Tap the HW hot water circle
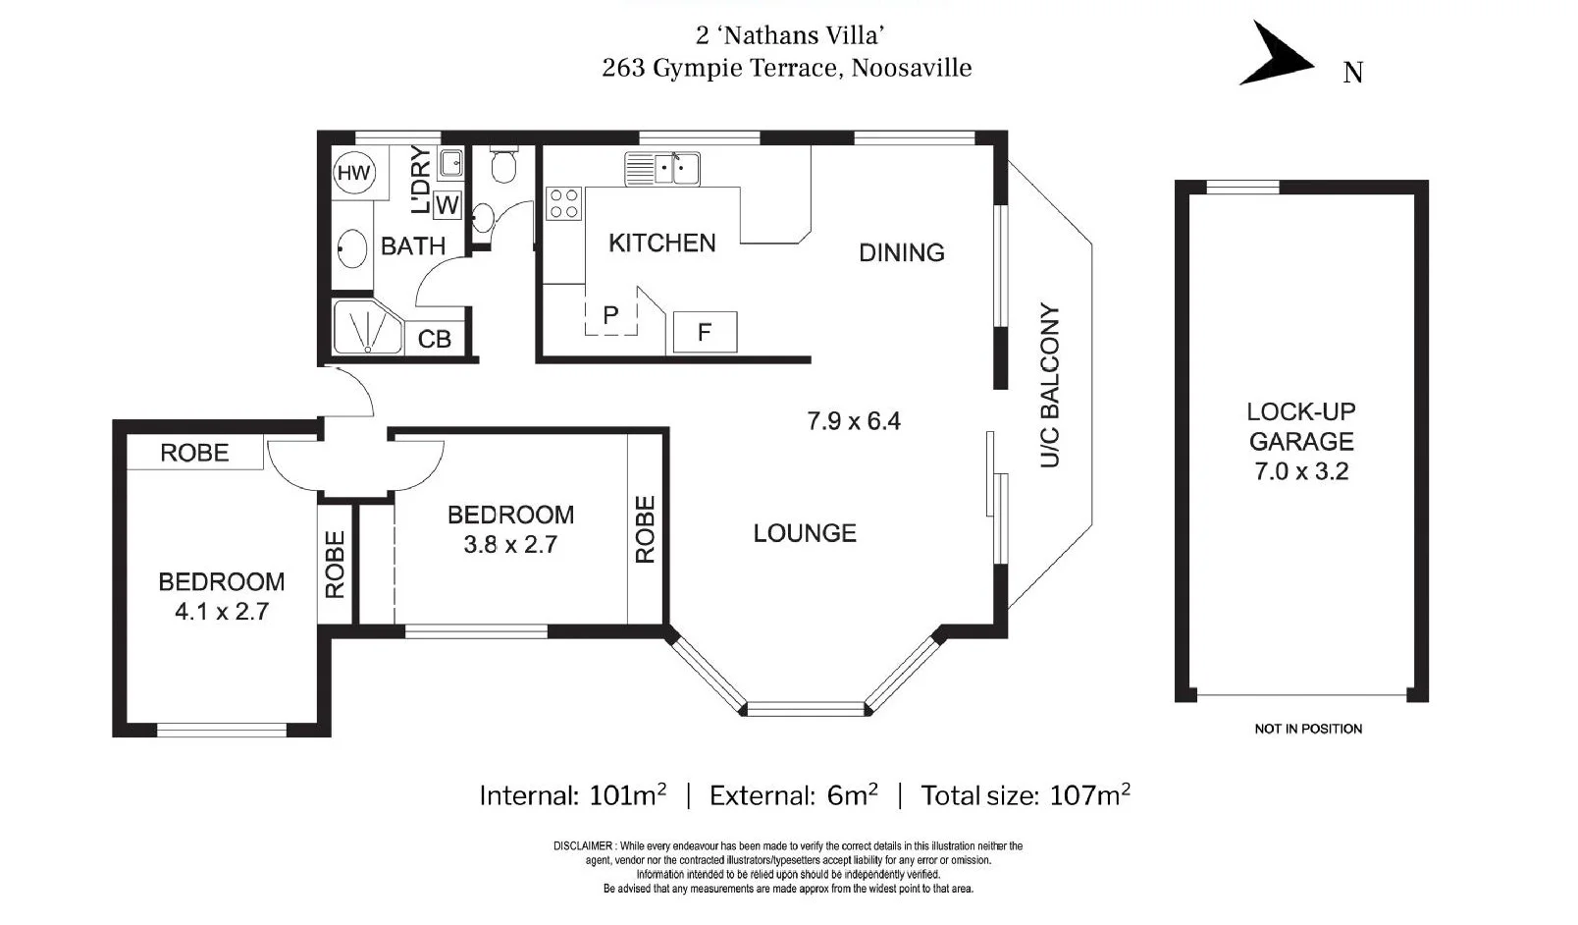(353, 174)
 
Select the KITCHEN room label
(661, 243)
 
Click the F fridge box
(705, 333)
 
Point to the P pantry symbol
(610, 315)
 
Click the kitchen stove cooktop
(563, 203)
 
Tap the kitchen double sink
(663, 168)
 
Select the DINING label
(901, 252)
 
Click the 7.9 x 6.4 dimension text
(853, 421)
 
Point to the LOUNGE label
(805, 533)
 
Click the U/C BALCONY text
(1049, 385)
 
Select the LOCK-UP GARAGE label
(1300, 426)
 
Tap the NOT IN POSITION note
(1307, 729)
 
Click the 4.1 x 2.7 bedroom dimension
(222, 612)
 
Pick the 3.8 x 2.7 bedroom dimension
(510, 545)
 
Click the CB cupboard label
(434, 339)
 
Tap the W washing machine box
(447, 205)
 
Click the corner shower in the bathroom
(365, 328)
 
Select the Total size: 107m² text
(1025, 794)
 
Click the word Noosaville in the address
(912, 68)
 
